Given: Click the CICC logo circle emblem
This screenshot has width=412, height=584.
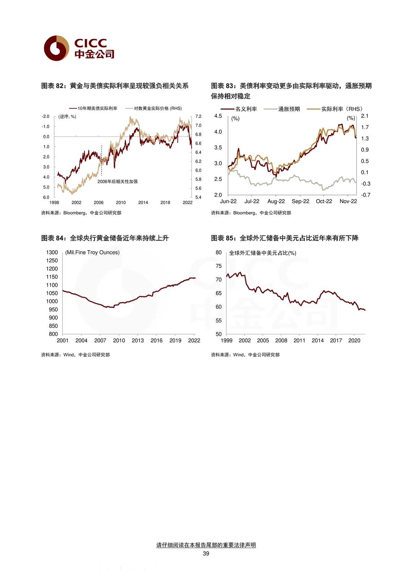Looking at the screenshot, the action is (x=57, y=48).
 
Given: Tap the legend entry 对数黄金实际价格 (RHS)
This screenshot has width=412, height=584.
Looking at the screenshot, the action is (x=153, y=109).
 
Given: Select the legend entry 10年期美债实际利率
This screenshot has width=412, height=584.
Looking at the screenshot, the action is (x=93, y=109).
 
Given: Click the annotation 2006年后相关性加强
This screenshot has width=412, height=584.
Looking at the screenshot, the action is (x=117, y=181).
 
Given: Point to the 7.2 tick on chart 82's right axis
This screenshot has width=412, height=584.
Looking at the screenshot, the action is (x=198, y=116).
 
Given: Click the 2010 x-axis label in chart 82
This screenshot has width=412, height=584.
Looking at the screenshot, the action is (x=121, y=202).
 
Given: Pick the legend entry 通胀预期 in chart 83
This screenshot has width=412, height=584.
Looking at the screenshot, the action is (x=282, y=109).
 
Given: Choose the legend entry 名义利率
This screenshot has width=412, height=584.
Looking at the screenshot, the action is (x=239, y=109).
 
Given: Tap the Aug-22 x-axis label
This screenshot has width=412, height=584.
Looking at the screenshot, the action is (x=276, y=201).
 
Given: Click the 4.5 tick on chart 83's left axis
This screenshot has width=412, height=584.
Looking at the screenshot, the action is (x=218, y=116).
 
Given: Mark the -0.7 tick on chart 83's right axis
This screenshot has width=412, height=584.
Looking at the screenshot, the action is (x=366, y=195).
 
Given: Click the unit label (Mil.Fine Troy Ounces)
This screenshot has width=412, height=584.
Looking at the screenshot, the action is (x=92, y=252).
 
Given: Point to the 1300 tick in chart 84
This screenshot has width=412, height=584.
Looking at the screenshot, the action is (x=52, y=252).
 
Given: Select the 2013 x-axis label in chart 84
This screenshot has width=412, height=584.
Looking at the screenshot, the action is (x=138, y=340).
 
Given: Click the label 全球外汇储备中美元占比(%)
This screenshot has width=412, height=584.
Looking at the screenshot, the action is (x=263, y=253).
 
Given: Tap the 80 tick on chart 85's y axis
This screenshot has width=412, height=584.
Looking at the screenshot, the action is (x=218, y=252).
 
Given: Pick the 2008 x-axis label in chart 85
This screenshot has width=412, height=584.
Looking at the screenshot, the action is (x=281, y=340).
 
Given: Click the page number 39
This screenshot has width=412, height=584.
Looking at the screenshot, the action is (x=206, y=553).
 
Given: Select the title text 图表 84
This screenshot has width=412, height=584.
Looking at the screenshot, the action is (x=52, y=238).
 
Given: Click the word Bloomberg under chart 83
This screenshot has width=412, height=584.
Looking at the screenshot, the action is (x=244, y=213).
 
